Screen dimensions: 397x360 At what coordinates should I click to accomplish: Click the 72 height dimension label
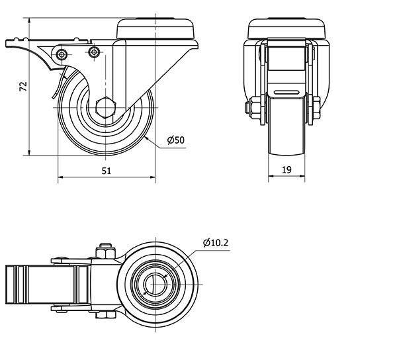pyautogui.click(x=23, y=86)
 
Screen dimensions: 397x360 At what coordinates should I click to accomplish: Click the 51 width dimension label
pyautogui.click(x=107, y=171)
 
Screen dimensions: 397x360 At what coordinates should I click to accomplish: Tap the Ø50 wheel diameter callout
pyautogui.click(x=176, y=140)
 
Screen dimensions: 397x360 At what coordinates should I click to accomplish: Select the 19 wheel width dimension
pyautogui.click(x=287, y=169)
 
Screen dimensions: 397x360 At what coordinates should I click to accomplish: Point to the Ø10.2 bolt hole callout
pyautogui.click(x=216, y=243)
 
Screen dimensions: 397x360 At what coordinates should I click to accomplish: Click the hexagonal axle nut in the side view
pyautogui.click(x=106, y=107)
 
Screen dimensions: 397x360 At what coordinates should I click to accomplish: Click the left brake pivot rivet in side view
pyautogui.click(x=62, y=54)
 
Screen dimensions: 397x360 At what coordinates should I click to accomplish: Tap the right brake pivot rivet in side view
pyautogui.click(x=94, y=52)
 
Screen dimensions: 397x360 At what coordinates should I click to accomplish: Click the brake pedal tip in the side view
pyautogui.click(x=7, y=43)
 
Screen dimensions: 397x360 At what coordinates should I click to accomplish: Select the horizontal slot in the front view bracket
pyautogui.click(x=287, y=91)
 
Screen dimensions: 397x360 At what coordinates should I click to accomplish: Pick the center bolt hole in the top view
pyautogui.click(x=155, y=285)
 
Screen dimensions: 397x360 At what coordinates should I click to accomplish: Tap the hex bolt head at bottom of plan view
pyautogui.click(x=106, y=314)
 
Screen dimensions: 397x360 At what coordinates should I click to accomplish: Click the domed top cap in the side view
pyautogui.click(x=155, y=28)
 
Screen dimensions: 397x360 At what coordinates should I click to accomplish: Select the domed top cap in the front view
pyautogui.click(x=287, y=28)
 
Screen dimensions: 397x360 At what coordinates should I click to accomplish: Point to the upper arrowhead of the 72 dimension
pyautogui.click(x=30, y=21)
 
